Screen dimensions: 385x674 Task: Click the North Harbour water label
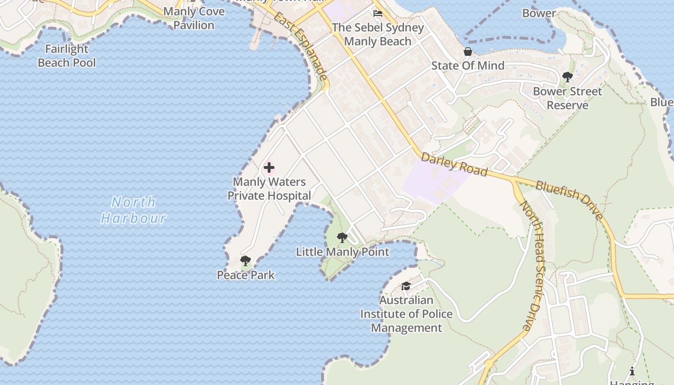tap(133, 210)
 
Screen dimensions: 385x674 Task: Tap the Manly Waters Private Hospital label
tap(269, 189)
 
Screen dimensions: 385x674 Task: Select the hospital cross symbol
tap(269, 167)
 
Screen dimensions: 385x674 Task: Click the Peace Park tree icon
tap(246, 261)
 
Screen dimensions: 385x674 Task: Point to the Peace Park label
tap(246, 275)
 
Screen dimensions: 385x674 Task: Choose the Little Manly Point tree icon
tap(342, 238)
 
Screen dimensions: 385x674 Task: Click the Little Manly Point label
tap(342, 252)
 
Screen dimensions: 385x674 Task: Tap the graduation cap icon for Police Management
tap(406, 286)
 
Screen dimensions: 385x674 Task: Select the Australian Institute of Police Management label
tap(406, 314)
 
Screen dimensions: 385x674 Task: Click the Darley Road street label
tap(454, 165)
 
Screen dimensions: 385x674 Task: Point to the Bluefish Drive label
tap(569, 200)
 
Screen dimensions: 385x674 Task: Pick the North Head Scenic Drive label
tap(533, 265)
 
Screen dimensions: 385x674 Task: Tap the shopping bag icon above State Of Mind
tap(467, 51)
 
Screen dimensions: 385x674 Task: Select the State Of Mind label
tap(467, 66)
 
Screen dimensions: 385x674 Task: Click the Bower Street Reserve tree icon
tap(568, 77)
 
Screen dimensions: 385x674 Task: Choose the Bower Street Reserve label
tap(568, 98)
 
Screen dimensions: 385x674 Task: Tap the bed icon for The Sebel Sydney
tap(378, 13)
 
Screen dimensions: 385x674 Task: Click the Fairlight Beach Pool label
tap(66, 56)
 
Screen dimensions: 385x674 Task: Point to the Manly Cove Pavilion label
tap(194, 18)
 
